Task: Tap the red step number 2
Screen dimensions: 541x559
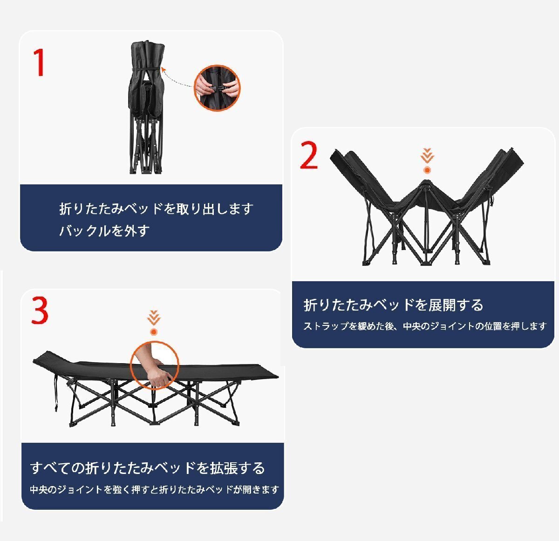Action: [309, 156]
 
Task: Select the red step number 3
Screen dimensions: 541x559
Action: [40, 311]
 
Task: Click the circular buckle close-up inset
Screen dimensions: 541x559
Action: [217, 88]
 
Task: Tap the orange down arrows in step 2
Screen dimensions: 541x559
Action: [427, 156]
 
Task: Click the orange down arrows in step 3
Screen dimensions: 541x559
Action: [154, 318]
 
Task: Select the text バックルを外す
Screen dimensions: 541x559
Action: [104, 230]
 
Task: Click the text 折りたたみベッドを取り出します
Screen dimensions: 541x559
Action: [156, 209]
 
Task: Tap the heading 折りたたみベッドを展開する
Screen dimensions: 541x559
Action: [393, 305]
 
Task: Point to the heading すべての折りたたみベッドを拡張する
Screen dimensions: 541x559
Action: [148, 467]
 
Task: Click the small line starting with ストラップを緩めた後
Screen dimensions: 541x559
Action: [424, 326]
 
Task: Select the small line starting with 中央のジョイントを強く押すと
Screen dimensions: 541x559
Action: [154, 490]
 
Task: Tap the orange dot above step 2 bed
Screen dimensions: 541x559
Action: [427, 170]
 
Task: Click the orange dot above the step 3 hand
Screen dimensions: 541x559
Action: [154, 332]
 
